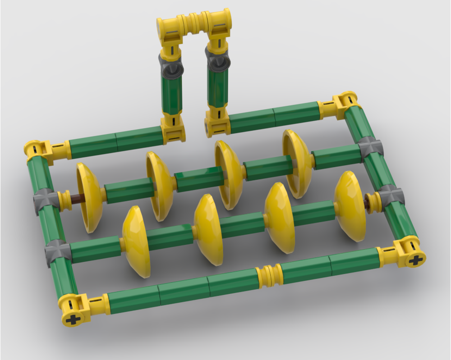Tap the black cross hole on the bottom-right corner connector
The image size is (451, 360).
tap(416, 260)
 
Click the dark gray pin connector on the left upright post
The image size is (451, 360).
tap(171, 67)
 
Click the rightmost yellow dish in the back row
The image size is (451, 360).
tap(297, 163)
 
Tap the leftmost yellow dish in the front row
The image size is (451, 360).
tap(135, 241)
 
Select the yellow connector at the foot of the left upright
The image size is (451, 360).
tap(174, 128)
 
